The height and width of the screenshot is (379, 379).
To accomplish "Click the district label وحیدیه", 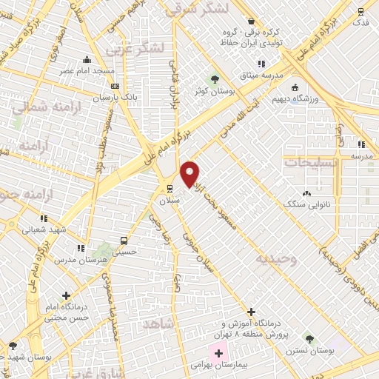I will click(275, 259).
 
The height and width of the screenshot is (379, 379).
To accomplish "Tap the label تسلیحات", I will click(311, 161).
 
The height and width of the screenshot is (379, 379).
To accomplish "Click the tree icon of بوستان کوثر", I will click(214, 78).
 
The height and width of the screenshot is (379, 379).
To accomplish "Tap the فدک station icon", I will click(360, 12).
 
